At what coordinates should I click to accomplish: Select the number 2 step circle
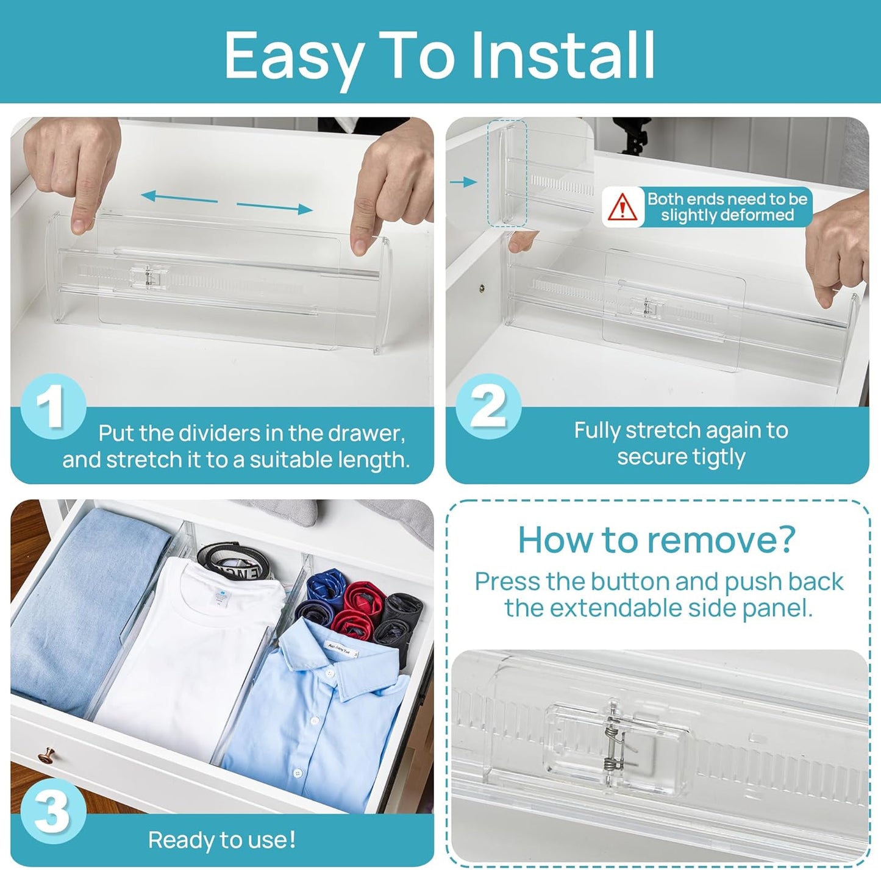(x=488, y=407)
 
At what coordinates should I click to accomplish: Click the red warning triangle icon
(x=622, y=208)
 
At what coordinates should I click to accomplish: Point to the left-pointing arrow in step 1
(x=178, y=198)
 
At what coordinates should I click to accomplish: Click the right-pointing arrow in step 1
(x=274, y=207)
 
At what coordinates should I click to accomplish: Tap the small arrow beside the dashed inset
(x=463, y=182)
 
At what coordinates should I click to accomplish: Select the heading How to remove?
(x=657, y=540)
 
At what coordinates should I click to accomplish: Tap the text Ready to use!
(x=222, y=840)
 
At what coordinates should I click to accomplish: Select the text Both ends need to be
(x=727, y=199)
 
